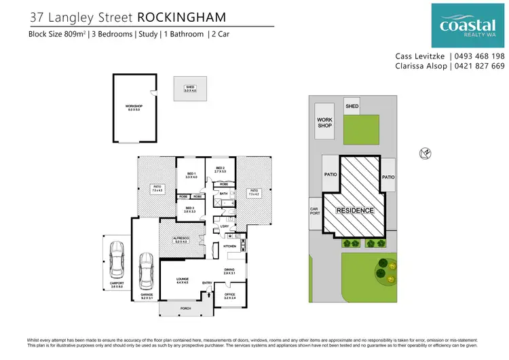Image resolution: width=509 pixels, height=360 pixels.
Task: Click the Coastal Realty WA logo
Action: coord(468,26)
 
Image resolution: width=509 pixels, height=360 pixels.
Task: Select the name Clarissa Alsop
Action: coord(420,66)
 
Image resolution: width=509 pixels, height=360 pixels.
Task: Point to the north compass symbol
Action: coord(426,154)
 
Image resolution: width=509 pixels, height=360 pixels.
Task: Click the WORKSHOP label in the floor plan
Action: coord(133,107)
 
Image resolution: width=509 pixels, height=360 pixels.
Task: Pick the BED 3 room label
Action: coord(189,210)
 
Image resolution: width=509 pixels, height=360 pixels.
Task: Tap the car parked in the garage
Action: coord(146,270)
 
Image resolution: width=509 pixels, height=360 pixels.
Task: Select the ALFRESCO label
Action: coord(181,239)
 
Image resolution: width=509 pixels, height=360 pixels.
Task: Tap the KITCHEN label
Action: coord(230,246)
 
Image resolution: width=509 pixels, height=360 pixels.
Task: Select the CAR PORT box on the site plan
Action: coord(314,213)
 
